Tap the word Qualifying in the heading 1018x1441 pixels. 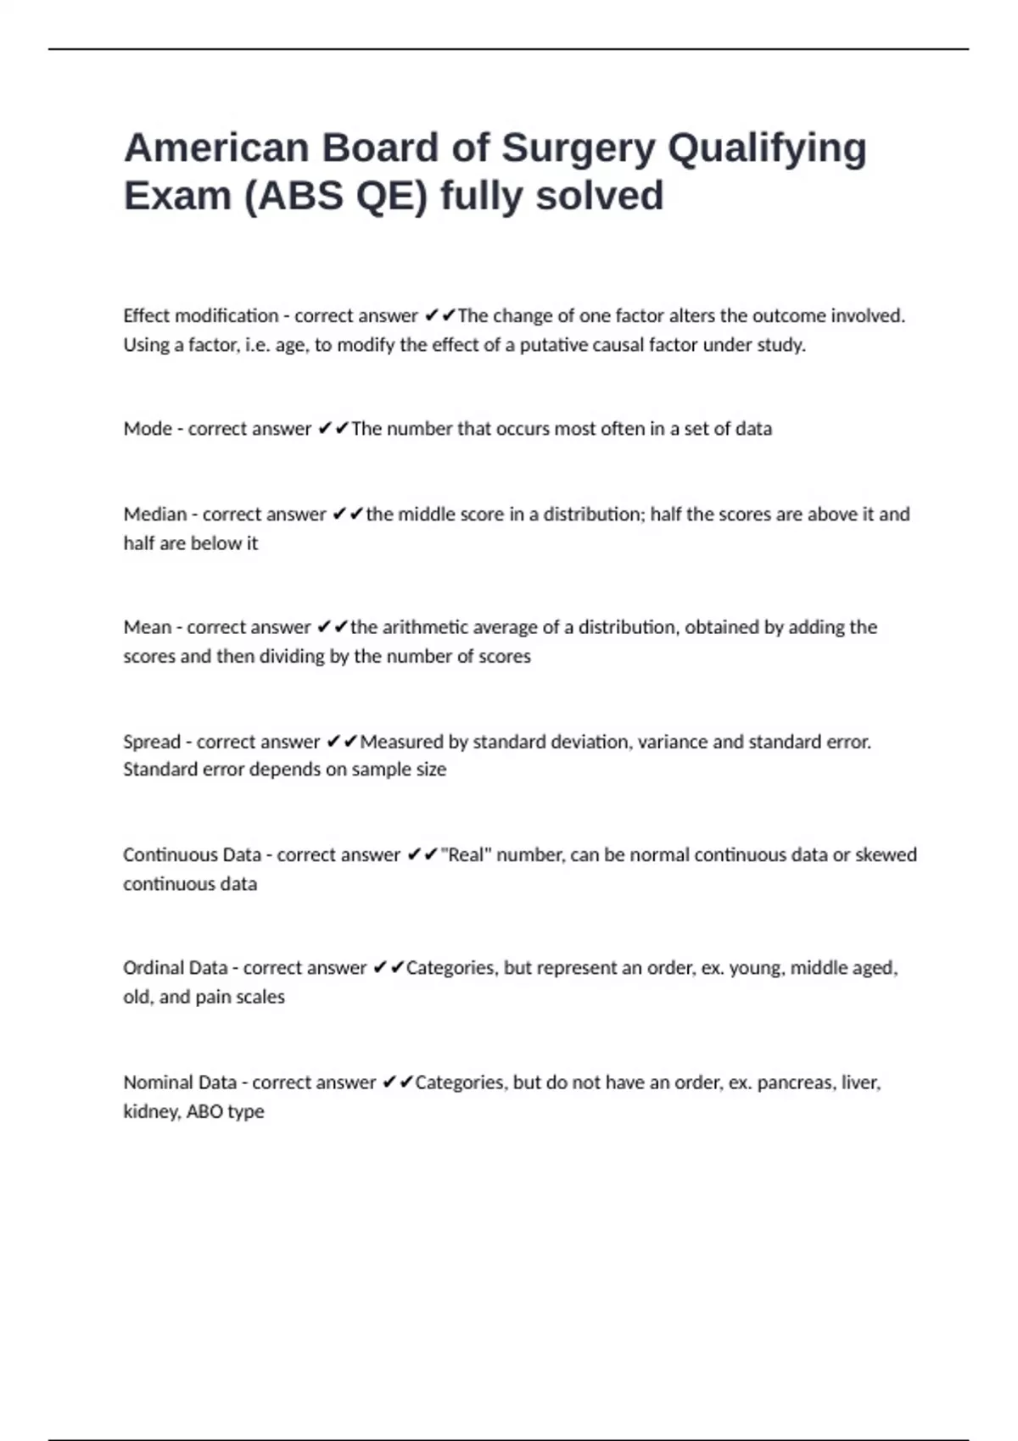click(x=767, y=148)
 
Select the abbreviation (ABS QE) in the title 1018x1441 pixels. click(x=336, y=197)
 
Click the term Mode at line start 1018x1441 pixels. click(x=148, y=429)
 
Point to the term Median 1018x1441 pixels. click(x=154, y=515)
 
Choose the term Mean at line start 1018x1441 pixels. click(x=147, y=627)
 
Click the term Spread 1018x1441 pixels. click(x=152, y=742)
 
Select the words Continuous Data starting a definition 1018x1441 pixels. click(x=192, y=854)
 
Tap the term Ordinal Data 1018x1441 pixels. click(x=175, y=968)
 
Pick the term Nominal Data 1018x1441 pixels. click(x=180, y=1082)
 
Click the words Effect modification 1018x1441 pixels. click(x=200, y=316)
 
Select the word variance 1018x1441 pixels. click(x=672, y=742)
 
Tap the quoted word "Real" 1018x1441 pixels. click(x=466, y=854)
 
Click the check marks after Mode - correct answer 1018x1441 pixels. click(x=333, y=429)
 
